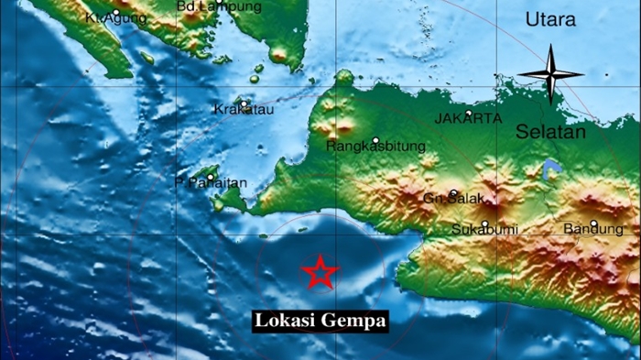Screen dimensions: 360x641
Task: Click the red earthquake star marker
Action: (320, 272)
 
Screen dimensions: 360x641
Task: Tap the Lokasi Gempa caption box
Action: (320, 321)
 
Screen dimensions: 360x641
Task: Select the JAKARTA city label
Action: (467, 119)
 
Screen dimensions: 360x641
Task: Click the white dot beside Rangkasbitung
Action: (375, 140)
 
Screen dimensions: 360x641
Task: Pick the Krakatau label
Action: (244, 110)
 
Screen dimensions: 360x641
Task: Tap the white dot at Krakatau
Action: (245, 103)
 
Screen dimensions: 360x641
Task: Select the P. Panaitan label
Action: (212, 183)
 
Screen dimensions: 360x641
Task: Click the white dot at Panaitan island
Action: (210, 178)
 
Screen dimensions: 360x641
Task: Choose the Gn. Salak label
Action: (452, 199)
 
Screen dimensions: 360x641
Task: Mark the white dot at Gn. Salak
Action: (453, 193)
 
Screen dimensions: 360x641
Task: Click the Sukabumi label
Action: (481, 229)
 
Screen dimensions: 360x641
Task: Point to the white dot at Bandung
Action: (593, 223)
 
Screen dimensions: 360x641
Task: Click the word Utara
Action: (550, 20)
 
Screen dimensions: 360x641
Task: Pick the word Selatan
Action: (550, 132)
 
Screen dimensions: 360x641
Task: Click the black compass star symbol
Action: (550, 74)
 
